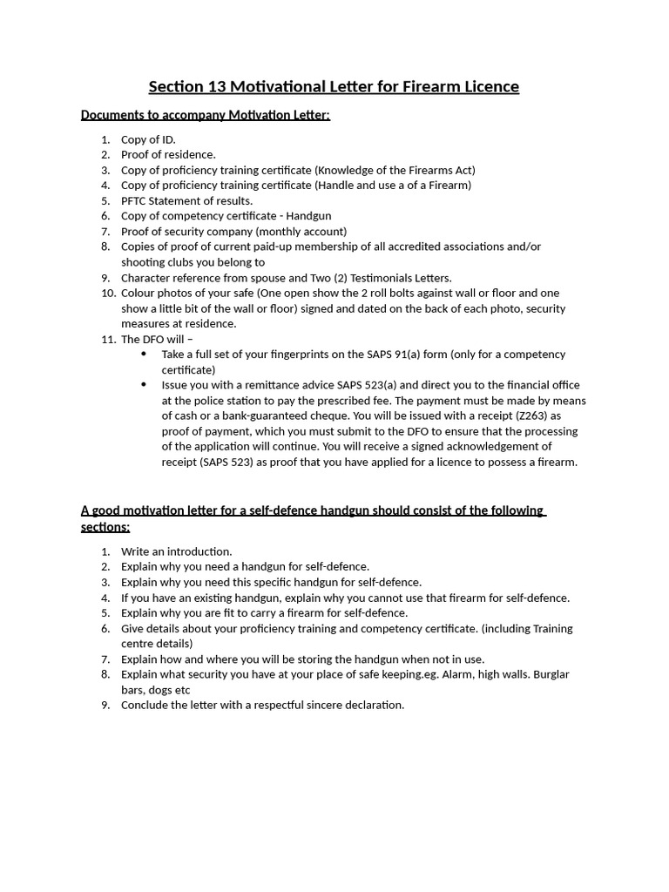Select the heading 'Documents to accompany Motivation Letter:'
206,115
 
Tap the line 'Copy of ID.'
148,139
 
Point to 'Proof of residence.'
168,155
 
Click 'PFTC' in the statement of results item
135,200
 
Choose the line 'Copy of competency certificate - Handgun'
226,216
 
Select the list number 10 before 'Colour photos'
107,293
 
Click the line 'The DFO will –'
157,339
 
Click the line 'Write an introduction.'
176,551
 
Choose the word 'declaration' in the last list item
370,705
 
